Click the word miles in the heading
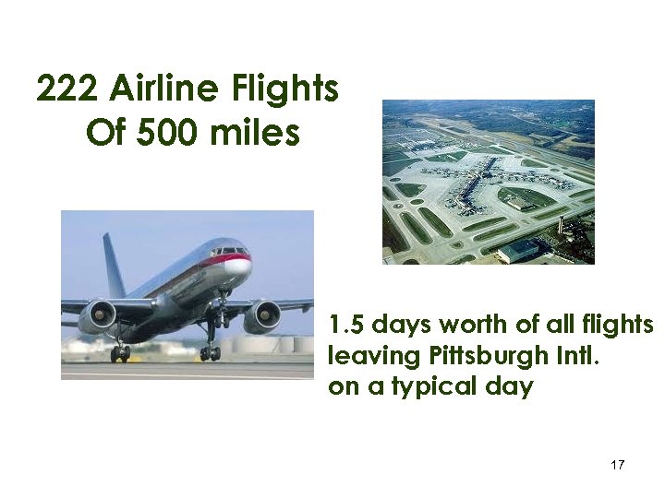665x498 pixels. tap(255, 134)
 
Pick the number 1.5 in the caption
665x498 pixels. tap(347, 326)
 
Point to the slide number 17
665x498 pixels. tap(618, 465)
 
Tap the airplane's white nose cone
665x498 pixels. tap(238, 267)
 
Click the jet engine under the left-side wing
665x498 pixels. tap(97, 318)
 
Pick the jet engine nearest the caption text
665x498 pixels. tap(261, 316)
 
